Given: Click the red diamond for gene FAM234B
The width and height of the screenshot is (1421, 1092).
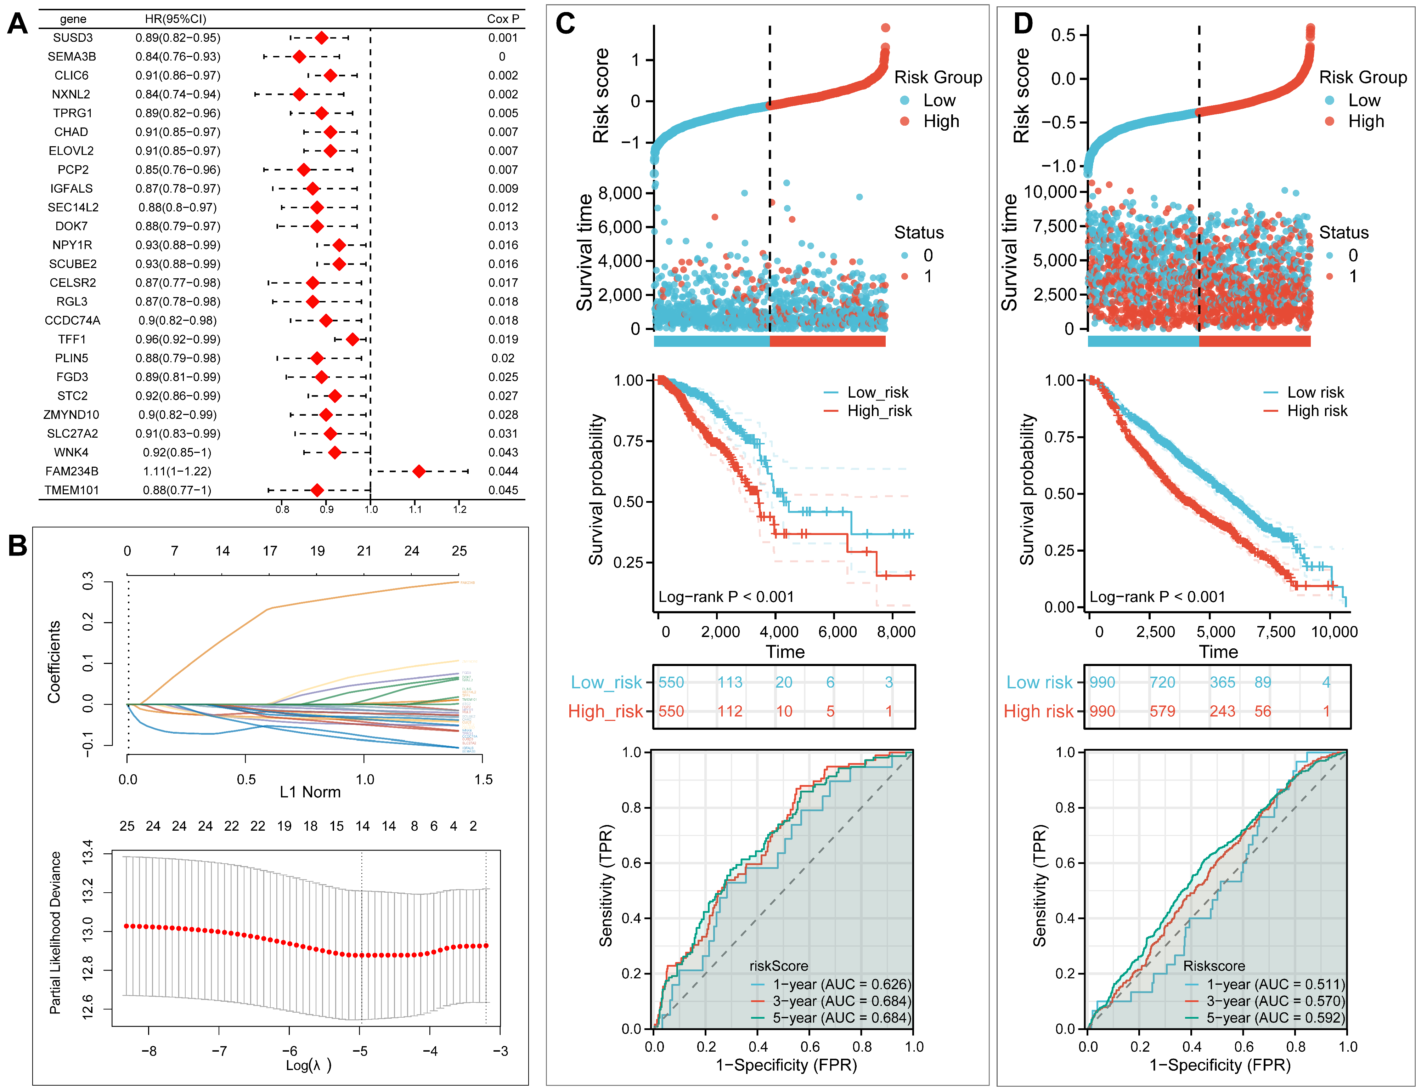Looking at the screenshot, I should coord(419,471).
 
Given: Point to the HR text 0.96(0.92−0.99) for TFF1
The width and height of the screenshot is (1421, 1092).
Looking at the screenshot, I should coord(177,339).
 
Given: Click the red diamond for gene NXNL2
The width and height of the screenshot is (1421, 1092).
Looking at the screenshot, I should coord(299,94).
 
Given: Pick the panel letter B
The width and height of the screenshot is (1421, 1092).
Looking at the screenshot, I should coord(18,546).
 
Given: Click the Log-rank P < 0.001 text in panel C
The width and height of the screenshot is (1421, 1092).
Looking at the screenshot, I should coord(726,597).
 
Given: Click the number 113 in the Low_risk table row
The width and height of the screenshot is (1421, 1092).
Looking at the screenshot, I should coord(730,682).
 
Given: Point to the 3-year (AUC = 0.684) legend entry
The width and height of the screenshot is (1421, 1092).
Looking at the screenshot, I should coord(841,1001).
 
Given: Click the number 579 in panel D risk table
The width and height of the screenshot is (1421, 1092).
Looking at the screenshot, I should coord(1162,711).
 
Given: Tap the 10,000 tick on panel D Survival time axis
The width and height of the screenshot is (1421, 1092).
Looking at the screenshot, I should coord(1050,192).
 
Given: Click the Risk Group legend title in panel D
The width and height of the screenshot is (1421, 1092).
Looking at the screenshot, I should coord(1363,77).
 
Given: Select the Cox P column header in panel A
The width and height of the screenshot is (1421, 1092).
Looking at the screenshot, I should coord(503,19).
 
